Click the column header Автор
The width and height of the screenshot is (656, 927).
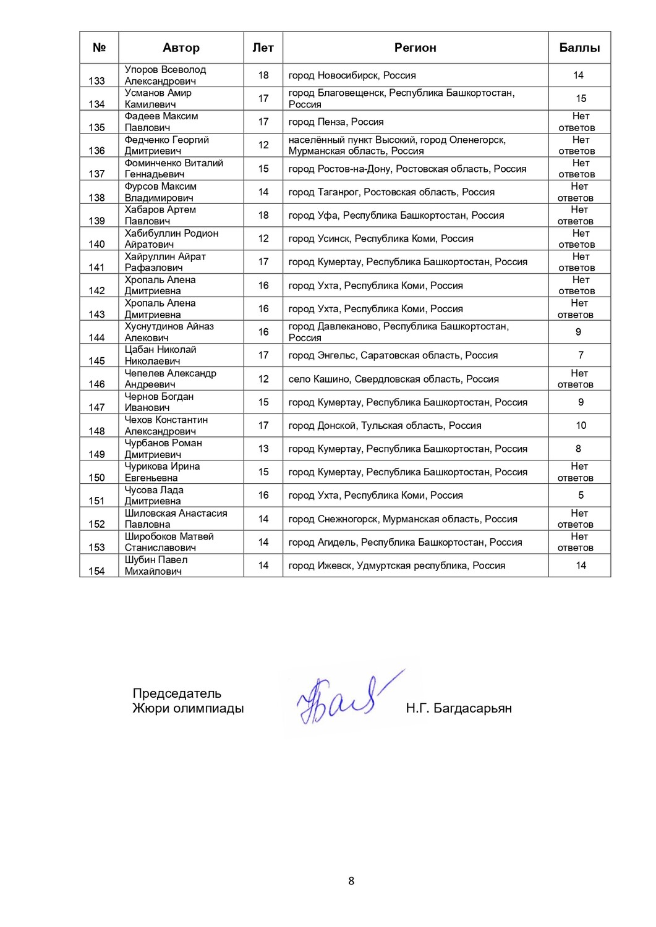click(x=181, y=48)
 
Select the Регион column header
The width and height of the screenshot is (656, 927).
click(x=415, y=48)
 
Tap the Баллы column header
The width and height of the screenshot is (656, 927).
click(x=579, y=48)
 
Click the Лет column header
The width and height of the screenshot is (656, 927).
click(x=263, y=48)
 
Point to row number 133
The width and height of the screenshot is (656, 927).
click(x=97, y=81)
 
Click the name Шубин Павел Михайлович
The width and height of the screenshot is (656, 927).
click(x=156, y=565)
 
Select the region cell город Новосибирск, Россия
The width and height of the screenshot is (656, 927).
click(x=352, y=75)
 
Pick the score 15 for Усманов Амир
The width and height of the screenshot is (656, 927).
click(x=581, y=98)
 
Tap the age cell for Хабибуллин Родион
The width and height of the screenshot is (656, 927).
click(x=263, y=239)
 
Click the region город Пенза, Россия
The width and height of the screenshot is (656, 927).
click(x=336, y=122)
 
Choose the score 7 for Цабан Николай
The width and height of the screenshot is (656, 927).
click(x=581, y=355)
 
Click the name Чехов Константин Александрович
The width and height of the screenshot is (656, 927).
click(x=166, y=425)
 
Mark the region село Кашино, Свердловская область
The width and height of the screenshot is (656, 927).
click(x=393, y=379)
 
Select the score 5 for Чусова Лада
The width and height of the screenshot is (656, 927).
click(x=581, y=495)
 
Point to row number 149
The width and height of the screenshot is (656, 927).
click(x=97, y=454)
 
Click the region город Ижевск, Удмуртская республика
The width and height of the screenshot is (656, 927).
click(x=396, y=565)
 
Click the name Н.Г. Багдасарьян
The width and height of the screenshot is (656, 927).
click(x=459, y=708)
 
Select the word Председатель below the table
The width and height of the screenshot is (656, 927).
click(x=177, y=693)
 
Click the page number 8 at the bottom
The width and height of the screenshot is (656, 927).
click(x=351, y=881)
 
